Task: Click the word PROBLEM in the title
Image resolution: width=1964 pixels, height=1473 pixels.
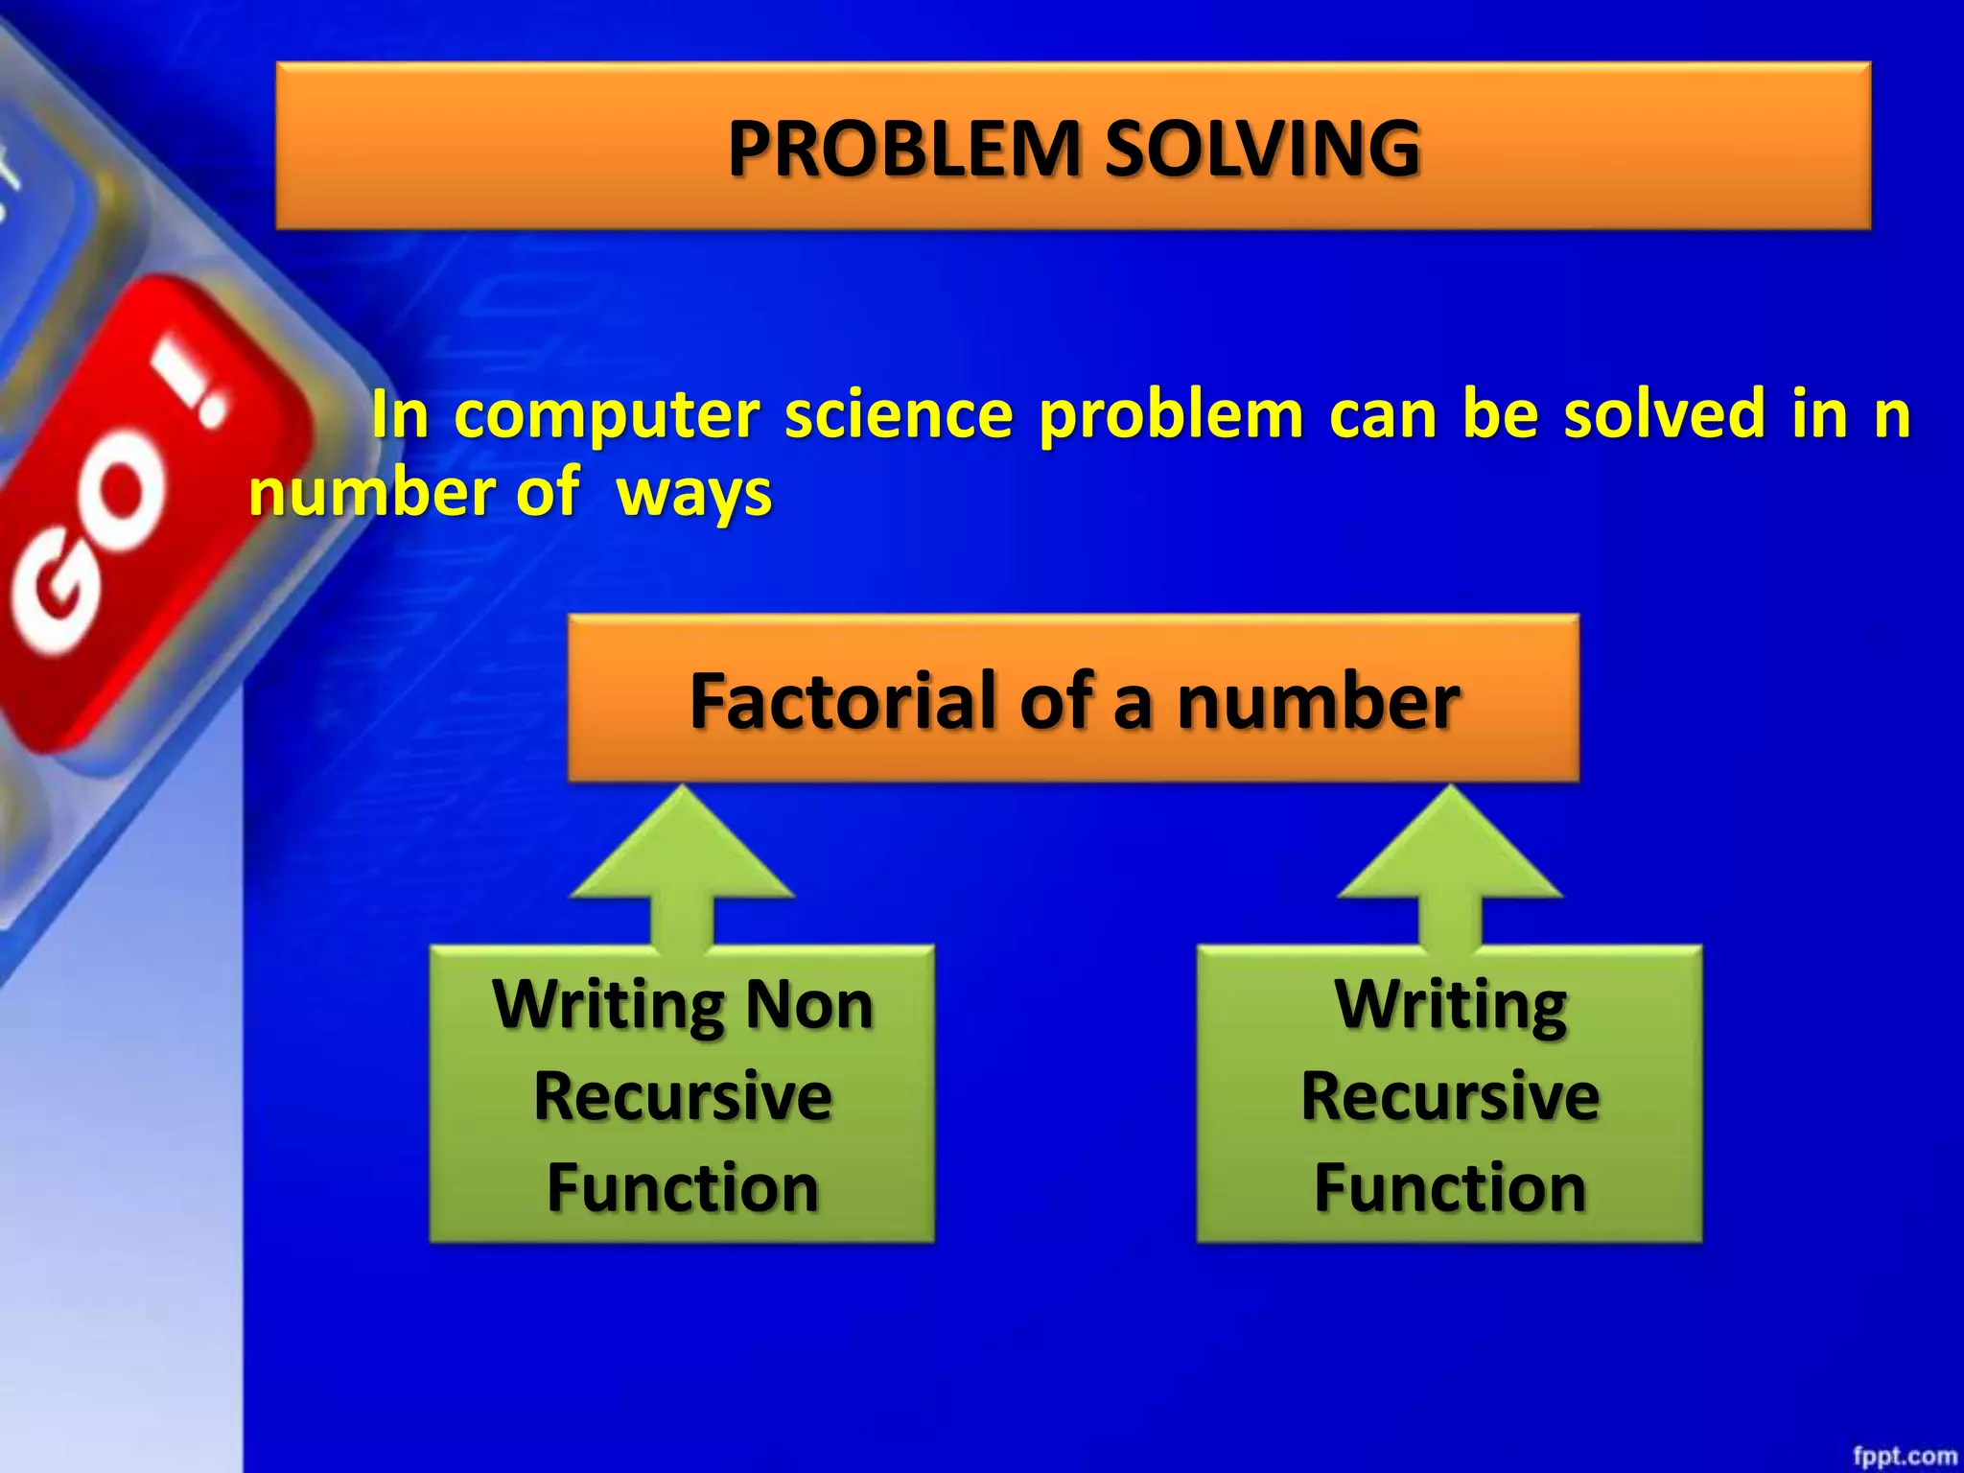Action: click(904, 149)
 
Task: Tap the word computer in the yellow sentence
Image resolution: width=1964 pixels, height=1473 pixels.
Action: click(606, 414)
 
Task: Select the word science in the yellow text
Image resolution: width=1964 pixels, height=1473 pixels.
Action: click(899, 414)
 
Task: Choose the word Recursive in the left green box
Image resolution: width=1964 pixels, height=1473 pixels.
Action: click(682, 1096)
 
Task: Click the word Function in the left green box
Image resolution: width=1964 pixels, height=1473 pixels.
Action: click(682, 1187)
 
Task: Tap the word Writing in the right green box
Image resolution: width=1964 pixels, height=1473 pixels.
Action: click(1450, 1005)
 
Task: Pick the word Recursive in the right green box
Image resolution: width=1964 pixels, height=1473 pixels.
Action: click(1450, 1096)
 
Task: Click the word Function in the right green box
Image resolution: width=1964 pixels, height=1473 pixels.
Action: click(1450, 1187)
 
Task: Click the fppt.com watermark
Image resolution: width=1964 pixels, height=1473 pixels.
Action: click(1904, 1456)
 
